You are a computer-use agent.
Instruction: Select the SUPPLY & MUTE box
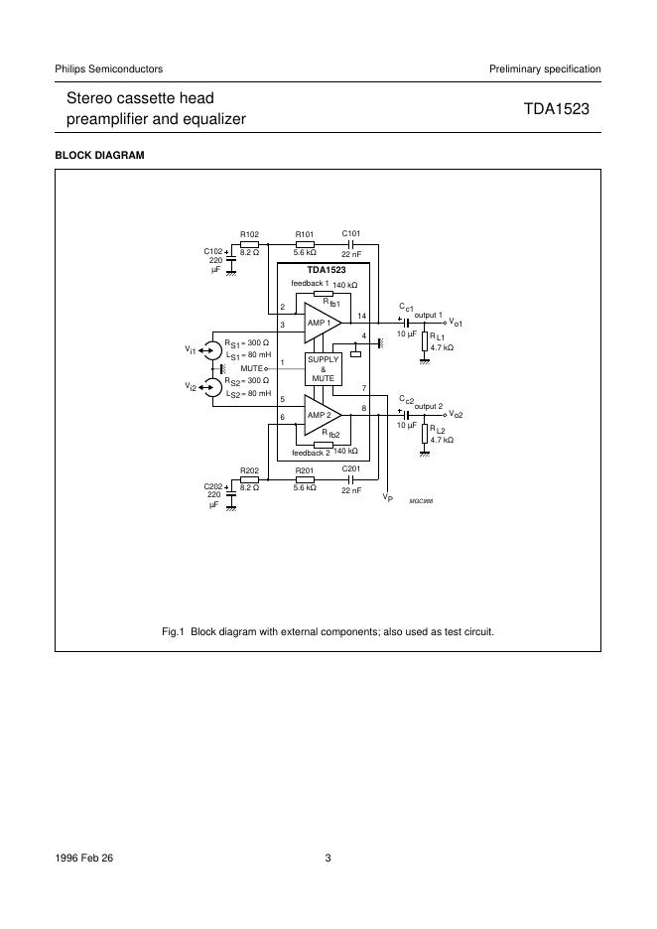pyautogui.click(x=324, y=368)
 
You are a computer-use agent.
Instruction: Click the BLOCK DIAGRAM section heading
pyautogui.click(x=100, y=156)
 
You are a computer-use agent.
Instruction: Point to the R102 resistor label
pyautogui.click(x=250, y=234)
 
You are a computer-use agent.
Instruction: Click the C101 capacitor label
pyautogui.click(x=351, y=233)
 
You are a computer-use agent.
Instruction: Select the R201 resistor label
pyautogui.click(x=305, y=470)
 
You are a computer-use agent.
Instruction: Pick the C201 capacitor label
pyautogui.click(x=351, y=469)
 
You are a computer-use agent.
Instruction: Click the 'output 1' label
pyautogui.click(x=429, y=315)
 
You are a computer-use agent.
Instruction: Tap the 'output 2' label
pyautogui.click(x=429, y=406)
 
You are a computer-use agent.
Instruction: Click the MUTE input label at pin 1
pyautogui.click(x=252, y=368)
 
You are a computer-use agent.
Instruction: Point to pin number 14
pyautogui.click(x=362, y=317)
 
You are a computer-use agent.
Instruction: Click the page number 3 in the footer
pyautogui.click(x=328, y=859)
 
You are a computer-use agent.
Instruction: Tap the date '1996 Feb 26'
pyautogui.click(x=84, y=859)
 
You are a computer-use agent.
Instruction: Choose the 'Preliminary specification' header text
pyautogui.click(x=545, y=68)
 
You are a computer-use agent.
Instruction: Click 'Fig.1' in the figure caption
pyautogui.click(x=173, y=631)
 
